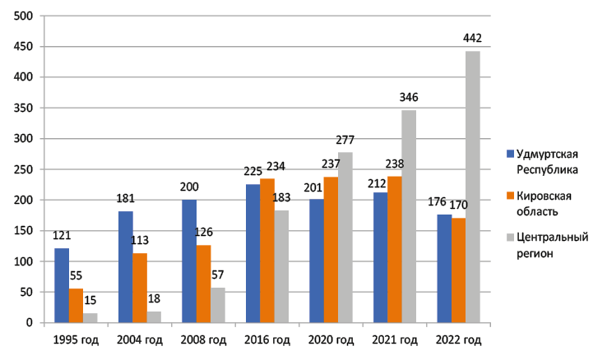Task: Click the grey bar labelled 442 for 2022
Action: pyautogui.click(x=472, y=187)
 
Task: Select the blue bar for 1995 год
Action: pyautogui.click(x=62, y=285)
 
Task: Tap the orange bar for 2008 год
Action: pyautogui.click(x=203, y=284)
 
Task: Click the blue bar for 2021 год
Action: pyautogui.click(x=381, y=257)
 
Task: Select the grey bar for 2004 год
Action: pyautogui.click(x=154, y=316)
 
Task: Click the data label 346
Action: pyautogui.click(x=409, y=98)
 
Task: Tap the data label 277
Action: pyautogui.click(x=345, y=140)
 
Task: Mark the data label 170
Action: pyautogui.click(x=459, y=205)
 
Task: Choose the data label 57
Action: pyautogui.click(x=218, y=275)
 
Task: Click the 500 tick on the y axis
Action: pyautogui.click(x=24, y=16)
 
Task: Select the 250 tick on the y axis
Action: pyautogui.click(x=24, y=169)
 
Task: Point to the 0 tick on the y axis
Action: pyautogui.click(x=30, y=323)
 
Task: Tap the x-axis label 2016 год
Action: pyautogui.click(x=267, y=339)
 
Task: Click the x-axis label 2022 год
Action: pyautogui.click(x=458, y=339)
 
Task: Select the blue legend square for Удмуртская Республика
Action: pyautogui.click(x=510, y=153)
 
